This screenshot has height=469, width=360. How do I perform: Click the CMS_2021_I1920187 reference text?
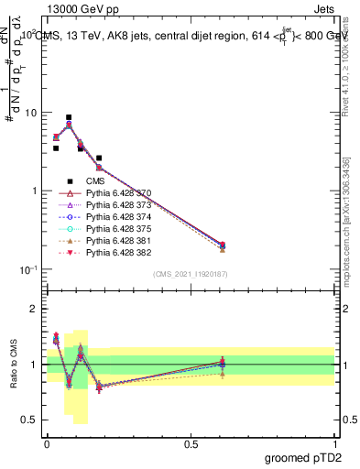click(191, 274)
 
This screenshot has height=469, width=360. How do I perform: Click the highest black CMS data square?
click(69, 117)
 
